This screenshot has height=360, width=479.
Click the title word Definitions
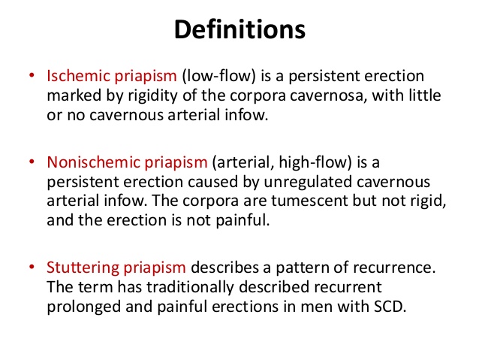tap(239, 29)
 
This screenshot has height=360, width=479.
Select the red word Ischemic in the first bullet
tap(79, 76)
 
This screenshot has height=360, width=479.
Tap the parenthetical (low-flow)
tap(218, 76)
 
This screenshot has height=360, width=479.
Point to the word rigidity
tap(153, 95)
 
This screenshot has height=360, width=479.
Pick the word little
tap(423, 95)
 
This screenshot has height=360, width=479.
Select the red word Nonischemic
tap(94, 162)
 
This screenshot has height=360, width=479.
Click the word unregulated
tap(308, 182)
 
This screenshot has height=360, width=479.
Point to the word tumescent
tap(309, 201)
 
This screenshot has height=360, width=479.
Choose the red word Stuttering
tap(83, 268)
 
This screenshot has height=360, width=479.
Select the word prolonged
tap(83, 307)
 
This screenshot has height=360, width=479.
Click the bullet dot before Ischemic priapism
tap(32, 75)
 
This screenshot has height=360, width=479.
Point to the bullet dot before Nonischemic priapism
tap(32, 161)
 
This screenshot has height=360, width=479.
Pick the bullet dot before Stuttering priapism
tap(32, 267)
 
